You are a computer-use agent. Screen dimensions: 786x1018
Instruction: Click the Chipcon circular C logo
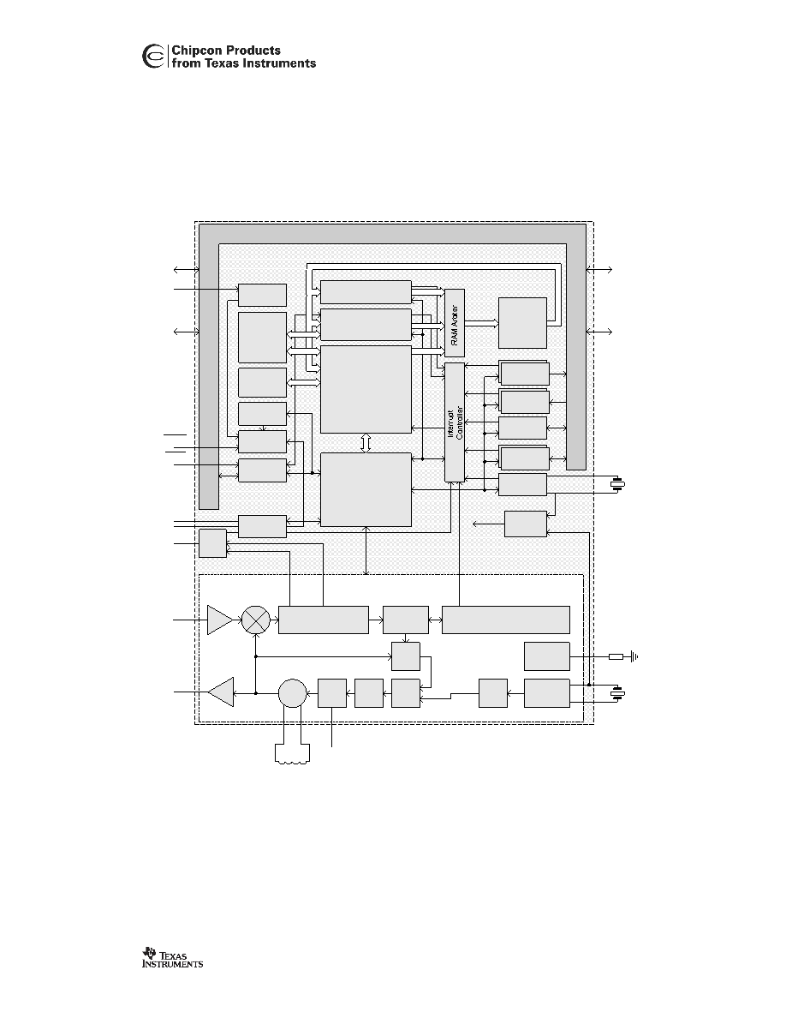pos(153,57)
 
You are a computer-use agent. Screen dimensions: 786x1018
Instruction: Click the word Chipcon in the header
pos(197,51)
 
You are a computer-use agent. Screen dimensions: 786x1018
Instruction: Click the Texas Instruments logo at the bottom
pos(172,958)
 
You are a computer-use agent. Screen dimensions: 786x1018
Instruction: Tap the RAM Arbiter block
pos(455,323)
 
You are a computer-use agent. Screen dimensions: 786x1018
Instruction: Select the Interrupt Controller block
pos(455,422)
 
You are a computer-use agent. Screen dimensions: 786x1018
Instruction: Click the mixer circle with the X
pos(255,620)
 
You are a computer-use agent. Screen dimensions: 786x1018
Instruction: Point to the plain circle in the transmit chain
pos(293,693)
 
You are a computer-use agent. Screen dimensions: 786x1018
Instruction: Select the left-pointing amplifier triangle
pos(221,692)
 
